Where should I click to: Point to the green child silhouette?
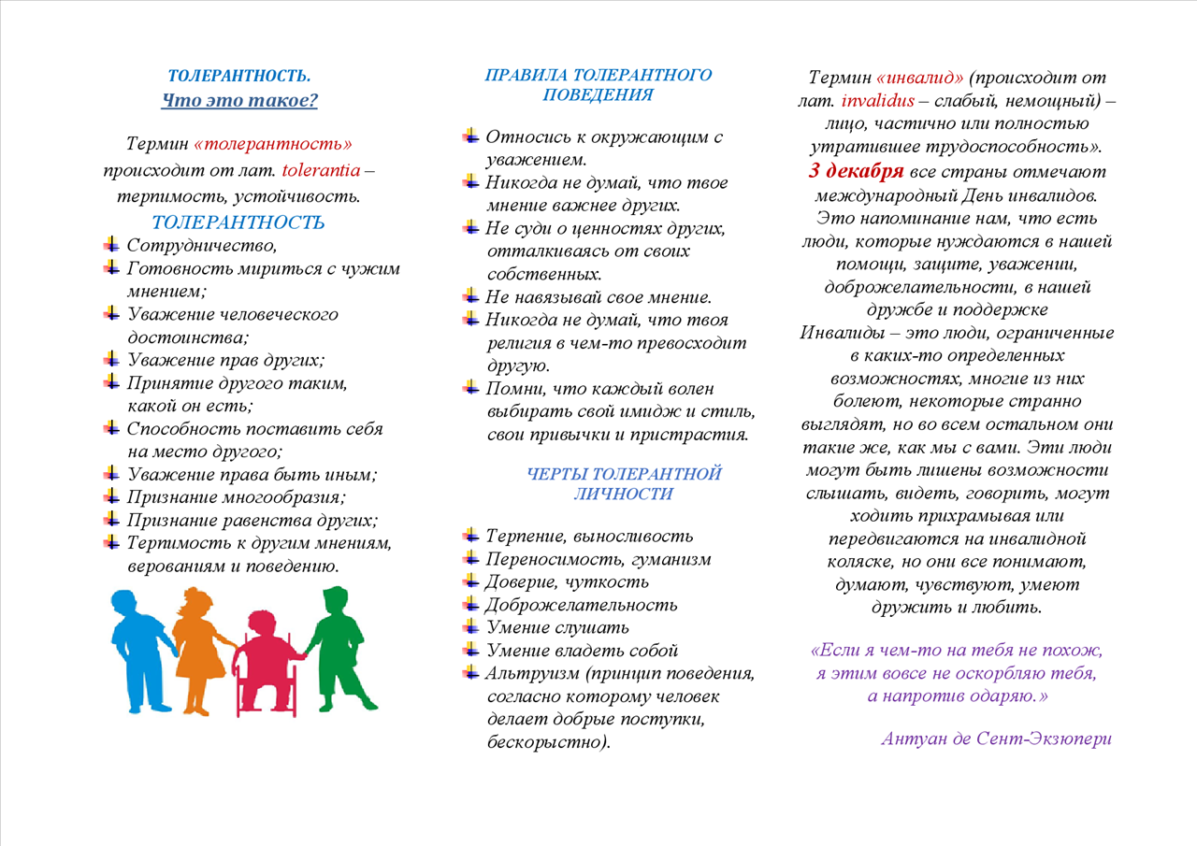pos(336,645)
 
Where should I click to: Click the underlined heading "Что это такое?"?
pos(239,101)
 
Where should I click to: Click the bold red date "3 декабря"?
pos(856,172)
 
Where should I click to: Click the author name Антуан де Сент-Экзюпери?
pos(996,738)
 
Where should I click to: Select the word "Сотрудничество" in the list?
pos(202,246)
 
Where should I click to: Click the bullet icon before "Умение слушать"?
pos(471,626)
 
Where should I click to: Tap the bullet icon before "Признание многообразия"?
pos(111,497)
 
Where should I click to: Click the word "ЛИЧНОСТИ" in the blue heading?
pos(623,495)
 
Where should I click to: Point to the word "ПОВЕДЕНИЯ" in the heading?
pos(598,94)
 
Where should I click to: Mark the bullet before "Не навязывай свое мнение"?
pos(471,297)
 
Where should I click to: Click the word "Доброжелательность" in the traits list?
pos(582,605)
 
